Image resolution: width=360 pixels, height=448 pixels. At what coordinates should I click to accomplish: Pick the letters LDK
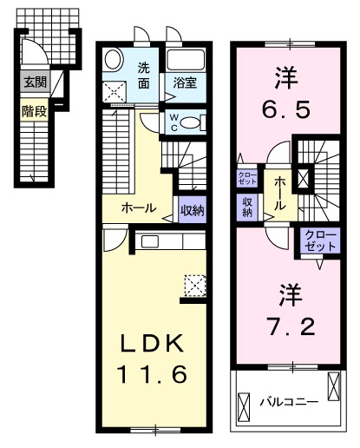(x=153, y=345)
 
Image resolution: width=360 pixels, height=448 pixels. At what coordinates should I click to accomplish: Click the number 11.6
(x=153, y=377)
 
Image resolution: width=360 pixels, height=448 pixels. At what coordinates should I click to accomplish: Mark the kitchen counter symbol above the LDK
(x=160, y=241)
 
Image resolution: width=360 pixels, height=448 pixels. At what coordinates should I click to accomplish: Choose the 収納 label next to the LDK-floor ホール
(x=192, y=208)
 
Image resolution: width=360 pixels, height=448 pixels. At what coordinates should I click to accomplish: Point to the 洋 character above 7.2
(x=291, y=294)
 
